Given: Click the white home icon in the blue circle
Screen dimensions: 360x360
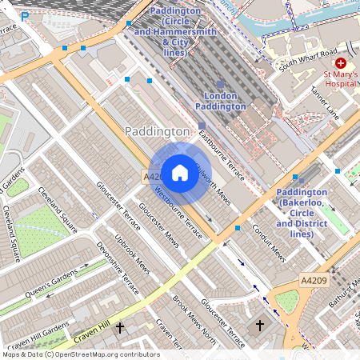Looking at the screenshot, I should [x=180, y=173].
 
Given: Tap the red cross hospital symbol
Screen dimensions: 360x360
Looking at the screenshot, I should [x=341, y=62].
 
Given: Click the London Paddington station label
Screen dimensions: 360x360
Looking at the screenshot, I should [x=221, y=101].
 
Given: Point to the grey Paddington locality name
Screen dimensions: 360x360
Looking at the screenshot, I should [x=158, y=130].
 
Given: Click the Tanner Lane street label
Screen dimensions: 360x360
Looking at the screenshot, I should [x=325, y=105].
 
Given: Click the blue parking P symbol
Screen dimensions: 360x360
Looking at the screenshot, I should [x=26, y=15].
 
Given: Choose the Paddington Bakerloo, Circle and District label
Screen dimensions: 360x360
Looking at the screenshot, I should [x=301, y=213].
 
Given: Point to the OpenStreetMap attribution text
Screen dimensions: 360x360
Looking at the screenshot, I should [x=80, y=354].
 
